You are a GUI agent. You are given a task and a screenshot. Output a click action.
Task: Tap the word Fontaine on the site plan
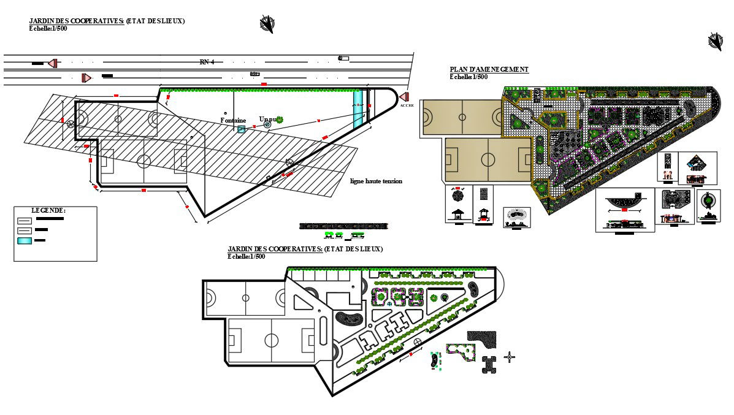click(233, 121)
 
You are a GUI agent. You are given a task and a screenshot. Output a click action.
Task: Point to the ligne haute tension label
click(376, 181)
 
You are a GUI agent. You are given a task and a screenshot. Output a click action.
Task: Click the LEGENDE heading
click(48, 210)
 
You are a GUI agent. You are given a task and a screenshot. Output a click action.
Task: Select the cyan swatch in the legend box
click(25, 240)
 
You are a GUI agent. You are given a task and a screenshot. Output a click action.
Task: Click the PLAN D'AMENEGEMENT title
click(489, 70)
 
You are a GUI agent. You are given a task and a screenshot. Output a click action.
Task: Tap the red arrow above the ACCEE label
click(404, 97)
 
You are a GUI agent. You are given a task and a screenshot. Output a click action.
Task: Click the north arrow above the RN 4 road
click(267, 24)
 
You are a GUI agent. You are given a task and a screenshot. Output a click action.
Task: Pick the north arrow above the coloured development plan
click(715, 41)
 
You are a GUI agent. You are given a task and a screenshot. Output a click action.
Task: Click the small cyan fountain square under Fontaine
click(242, 129)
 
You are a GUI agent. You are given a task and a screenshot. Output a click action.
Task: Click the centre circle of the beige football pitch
click(488, 160)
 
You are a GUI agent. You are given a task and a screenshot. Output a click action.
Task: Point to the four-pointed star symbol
click(509, 357)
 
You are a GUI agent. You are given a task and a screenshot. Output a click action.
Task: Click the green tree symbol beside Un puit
click(280, 120)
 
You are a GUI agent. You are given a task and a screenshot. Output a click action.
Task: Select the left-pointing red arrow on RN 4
click(53, 63)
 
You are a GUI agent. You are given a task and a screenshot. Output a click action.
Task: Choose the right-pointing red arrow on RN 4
click(86, 77)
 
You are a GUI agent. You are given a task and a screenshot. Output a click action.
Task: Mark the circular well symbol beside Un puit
click(267, 124)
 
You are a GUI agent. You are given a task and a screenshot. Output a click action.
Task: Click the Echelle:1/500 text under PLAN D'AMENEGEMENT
click(468, 77)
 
